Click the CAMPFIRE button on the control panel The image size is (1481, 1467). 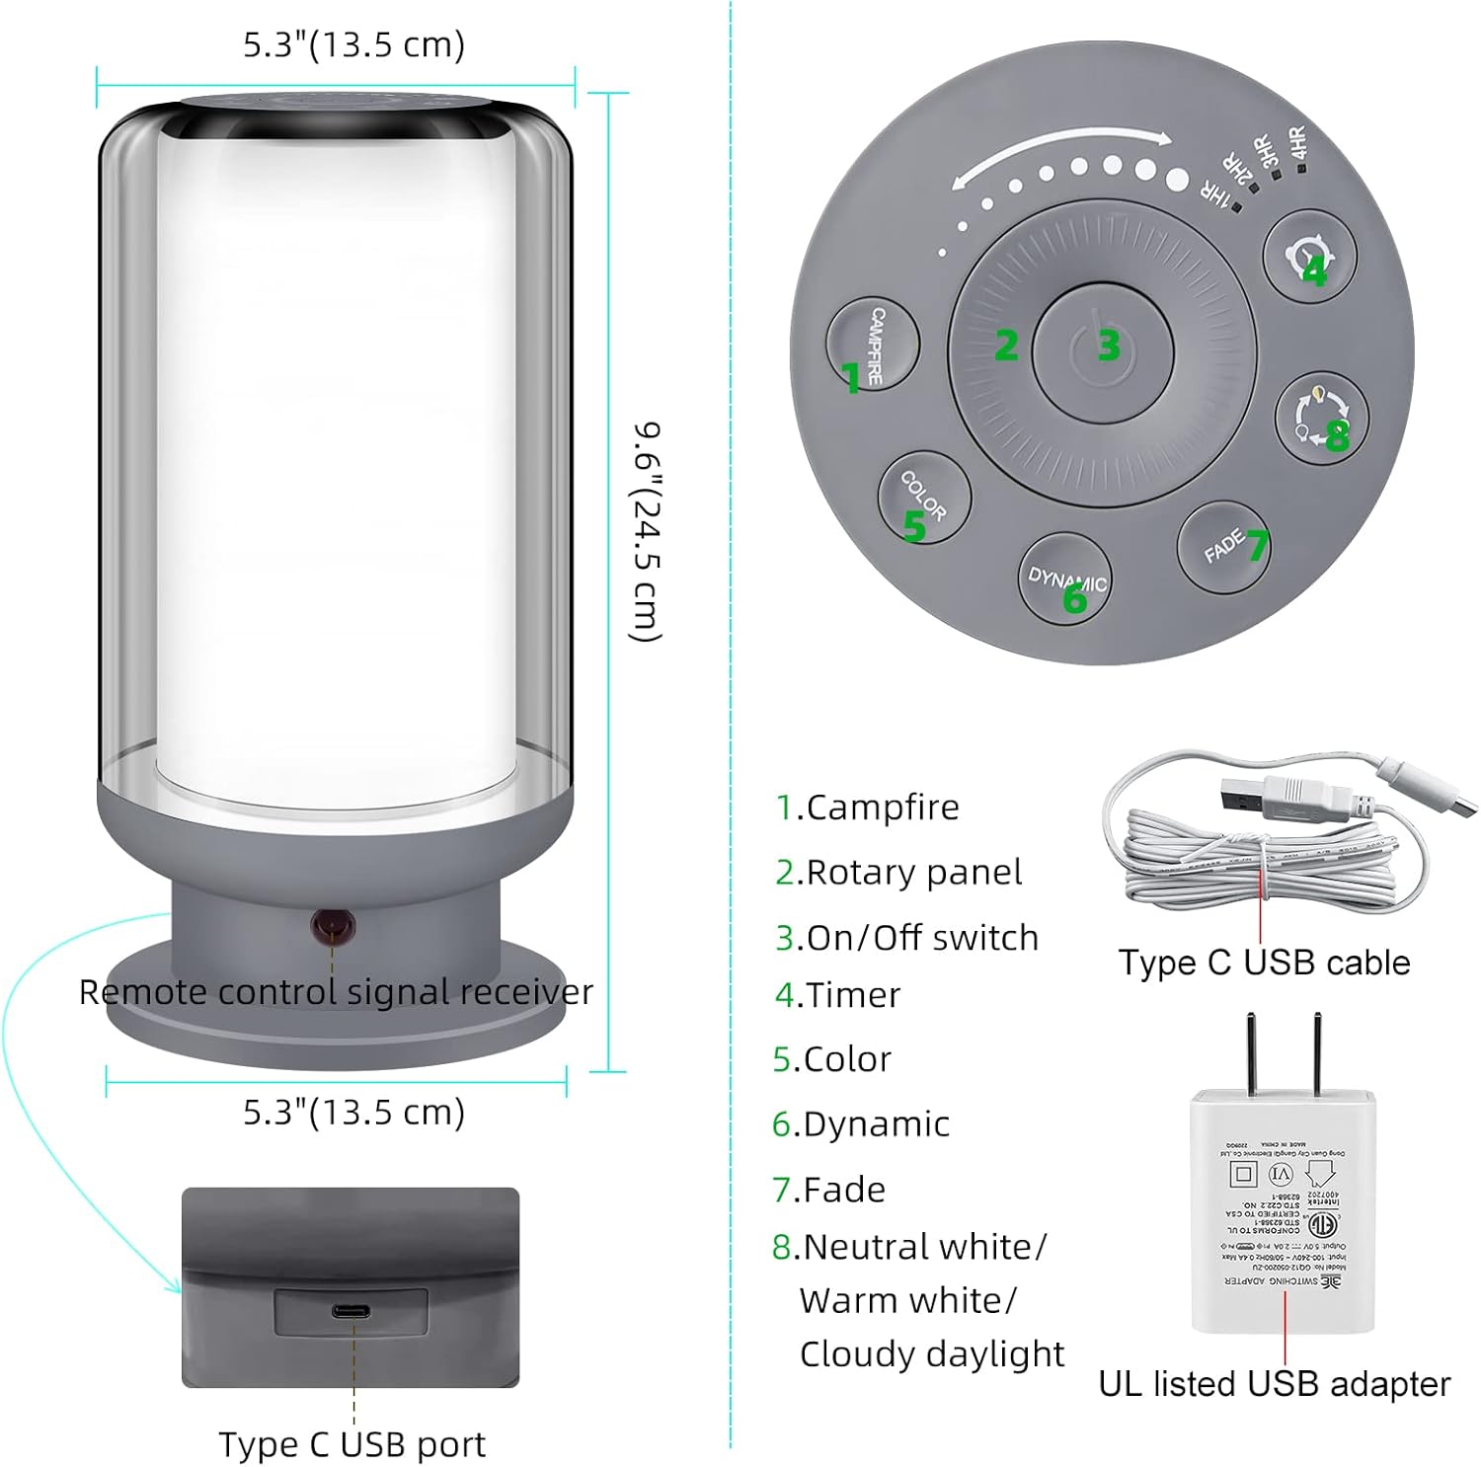click(872, 345)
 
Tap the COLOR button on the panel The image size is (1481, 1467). click(924, 497)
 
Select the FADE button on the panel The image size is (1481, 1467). click(1224, 547)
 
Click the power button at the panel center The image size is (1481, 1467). click(1103, 346)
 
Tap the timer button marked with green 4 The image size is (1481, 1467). click(1310, 257)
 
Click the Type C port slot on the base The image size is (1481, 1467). click(351, 1311)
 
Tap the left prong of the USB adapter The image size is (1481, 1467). click(1252, 1052)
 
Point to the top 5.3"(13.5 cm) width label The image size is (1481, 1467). click(353, 44)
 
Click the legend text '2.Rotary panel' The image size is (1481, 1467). click(898, 872)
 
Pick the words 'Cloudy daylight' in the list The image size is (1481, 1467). click(931, 1354)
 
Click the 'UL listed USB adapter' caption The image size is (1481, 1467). click(1274, 1384)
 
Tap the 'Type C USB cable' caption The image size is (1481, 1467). click(1264, 963)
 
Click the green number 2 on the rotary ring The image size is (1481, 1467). click(1005, 345)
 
